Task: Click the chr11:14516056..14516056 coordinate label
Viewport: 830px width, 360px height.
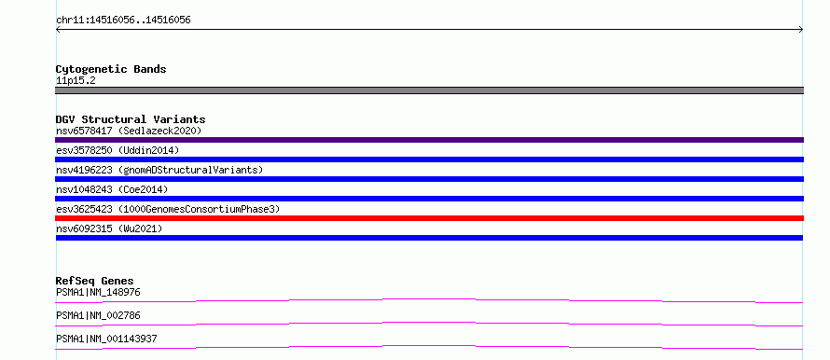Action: point(123,21)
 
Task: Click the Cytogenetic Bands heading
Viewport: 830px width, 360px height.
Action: point(111,69)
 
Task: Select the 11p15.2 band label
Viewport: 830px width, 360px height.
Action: point(76,81)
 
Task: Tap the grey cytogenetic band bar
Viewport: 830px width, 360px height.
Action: point(429,90)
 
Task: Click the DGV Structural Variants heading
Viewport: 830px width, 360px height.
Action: point(131,119)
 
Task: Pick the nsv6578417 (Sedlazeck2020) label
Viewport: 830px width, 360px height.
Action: point(129,131)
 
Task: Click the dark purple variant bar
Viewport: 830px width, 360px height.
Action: point(429,140)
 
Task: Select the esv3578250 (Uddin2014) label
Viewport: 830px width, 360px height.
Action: point(118,150)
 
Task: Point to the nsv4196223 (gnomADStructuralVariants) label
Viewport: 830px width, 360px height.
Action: point(159,170)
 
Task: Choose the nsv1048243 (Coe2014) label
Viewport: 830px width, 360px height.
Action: point(112,189)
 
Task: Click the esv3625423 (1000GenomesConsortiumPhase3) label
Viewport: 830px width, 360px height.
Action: point(167,209)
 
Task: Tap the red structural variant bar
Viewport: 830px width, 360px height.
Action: point(429,218)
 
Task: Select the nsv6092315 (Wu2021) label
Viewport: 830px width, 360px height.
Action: point(109,228)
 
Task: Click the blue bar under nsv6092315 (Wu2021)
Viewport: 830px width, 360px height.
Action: point(429,238)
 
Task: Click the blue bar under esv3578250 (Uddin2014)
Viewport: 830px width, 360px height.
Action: point(429,159)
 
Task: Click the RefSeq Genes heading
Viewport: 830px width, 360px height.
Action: point(95,281)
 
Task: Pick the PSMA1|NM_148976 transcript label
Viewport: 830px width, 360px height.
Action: point(98,292)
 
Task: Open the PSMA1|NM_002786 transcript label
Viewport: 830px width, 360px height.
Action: point(98,315)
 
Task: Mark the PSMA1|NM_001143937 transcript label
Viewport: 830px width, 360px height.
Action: point(106,339)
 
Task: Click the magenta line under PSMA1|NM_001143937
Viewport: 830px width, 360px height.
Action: point(429,346)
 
